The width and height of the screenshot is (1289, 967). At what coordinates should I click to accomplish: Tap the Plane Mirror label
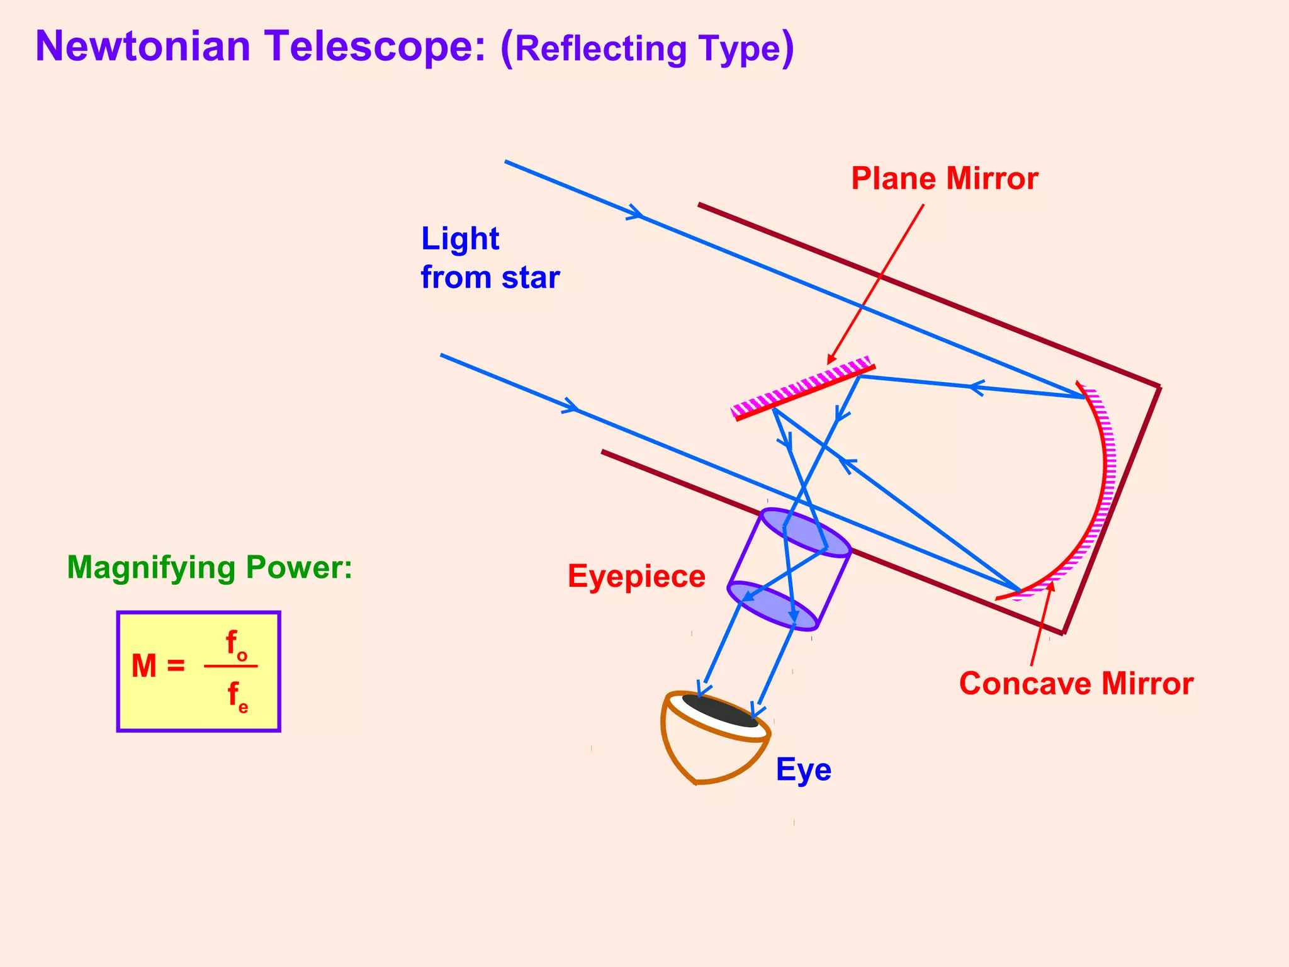click(x=944, y=179)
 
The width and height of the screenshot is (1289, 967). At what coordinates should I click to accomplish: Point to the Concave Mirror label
click(x=1076, y=684)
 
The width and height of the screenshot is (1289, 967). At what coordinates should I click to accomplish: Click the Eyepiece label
click(x=636, y=577)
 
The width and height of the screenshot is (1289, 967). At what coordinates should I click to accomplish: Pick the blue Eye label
click(x=803, y=769)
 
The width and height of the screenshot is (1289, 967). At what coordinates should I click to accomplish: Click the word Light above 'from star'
click(x=460, y=239)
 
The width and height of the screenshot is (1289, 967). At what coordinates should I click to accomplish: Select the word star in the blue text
click(x=531, y=278)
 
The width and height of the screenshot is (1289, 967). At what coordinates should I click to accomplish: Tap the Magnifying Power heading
click(x=210, y=567)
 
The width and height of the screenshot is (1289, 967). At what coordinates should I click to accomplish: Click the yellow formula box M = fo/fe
click(x=199, y=671)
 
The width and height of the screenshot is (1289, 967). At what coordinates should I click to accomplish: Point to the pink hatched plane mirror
click(x=802, y=387)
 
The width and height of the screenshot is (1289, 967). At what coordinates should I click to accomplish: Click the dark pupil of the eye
click(x=720, y=711)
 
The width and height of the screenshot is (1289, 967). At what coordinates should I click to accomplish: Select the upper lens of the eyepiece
click(x=806, y=533)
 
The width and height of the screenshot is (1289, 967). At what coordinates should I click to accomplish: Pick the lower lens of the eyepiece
click(x=772, y=605)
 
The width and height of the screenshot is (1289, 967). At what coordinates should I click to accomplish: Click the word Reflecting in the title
click(x=600, y=49)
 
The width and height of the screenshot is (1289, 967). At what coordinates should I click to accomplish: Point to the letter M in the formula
click(x=144, y=666)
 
